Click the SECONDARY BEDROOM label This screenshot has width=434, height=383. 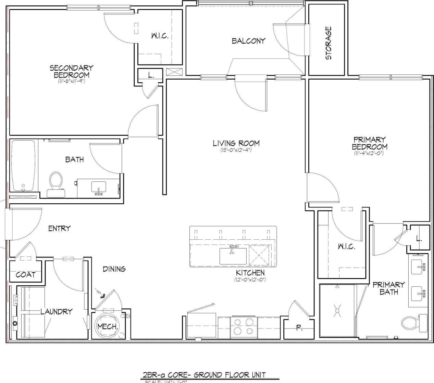[71, 71]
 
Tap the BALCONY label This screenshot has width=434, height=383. [248, 41]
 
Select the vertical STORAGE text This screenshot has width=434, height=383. [328, 43]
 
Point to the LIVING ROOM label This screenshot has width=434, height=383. [236, 143]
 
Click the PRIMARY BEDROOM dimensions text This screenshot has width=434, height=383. [369, 153]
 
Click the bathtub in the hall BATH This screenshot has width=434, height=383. [23, 166]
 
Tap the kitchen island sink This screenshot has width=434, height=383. [233, 256]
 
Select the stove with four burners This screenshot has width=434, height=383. [244, 326]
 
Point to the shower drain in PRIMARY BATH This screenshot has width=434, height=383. [337, 310]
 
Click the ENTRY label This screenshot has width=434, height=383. [59, 228]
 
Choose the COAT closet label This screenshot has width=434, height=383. [25, 275]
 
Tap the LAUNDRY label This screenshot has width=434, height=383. [56, 311]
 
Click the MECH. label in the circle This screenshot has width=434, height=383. [108, 326]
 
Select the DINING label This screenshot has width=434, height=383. [114, 269]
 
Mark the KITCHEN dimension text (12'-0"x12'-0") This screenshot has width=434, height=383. [250, 280]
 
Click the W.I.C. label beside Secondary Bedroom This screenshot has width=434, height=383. [160, 36]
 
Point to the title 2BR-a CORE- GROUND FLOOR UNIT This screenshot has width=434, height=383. [204, 375]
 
